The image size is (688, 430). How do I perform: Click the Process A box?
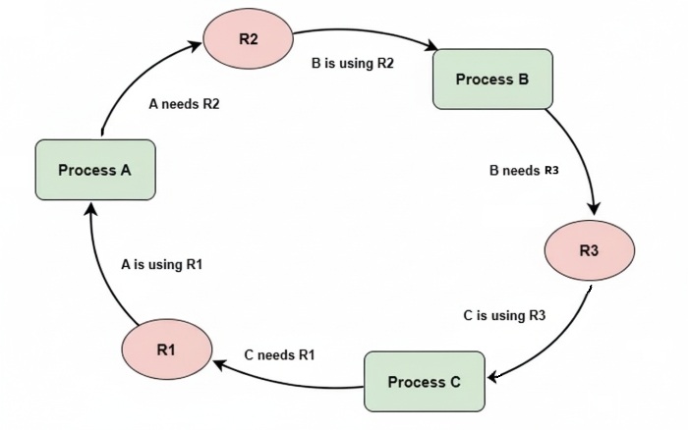pos(94,170)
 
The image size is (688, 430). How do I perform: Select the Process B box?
pos(492,80)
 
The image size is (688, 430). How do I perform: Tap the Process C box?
pos(424,382)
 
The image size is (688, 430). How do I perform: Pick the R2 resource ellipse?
pos(248,40)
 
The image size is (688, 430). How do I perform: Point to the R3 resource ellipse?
pos(589,251)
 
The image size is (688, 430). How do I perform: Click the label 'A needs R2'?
pos(184,105)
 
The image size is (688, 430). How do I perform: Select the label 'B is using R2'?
pos(352,64)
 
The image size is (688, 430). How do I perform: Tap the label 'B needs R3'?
pos(524,171)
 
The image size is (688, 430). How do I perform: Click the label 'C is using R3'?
pos(504,315)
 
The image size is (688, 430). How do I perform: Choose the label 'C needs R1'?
pos(280,354)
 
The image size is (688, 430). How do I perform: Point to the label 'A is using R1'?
pos(162,264)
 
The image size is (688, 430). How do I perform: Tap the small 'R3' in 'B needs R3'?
pos(551,171)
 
